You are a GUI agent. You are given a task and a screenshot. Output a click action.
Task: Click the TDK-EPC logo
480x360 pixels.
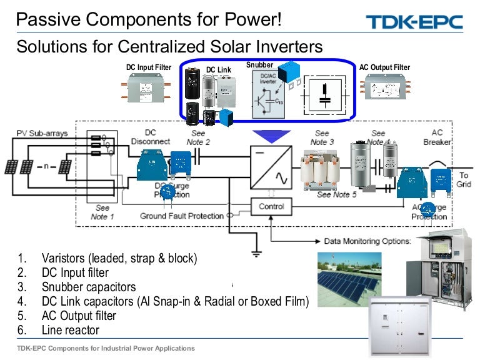414,22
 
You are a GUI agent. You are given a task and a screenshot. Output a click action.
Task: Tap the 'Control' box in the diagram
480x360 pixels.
271,206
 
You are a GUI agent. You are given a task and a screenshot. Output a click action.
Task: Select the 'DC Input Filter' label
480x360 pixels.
145,67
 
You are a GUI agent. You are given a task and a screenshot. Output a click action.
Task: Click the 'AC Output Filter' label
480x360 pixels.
384,67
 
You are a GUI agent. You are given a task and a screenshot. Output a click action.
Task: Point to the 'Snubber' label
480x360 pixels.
259,65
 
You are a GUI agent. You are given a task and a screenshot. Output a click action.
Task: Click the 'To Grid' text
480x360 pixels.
464,181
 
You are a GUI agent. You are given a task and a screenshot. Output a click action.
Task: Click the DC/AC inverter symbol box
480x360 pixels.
271,166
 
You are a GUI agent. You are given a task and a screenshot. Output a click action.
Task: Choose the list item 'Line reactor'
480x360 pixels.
70,330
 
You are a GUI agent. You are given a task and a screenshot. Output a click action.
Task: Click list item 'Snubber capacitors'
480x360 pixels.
88,287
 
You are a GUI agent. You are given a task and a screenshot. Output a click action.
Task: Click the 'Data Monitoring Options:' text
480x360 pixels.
367,241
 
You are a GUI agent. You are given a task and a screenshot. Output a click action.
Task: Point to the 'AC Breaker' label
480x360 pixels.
437,137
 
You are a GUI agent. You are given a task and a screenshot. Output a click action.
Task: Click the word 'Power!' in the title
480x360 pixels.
252,20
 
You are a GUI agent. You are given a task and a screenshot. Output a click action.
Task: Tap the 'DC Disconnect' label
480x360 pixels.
150,137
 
